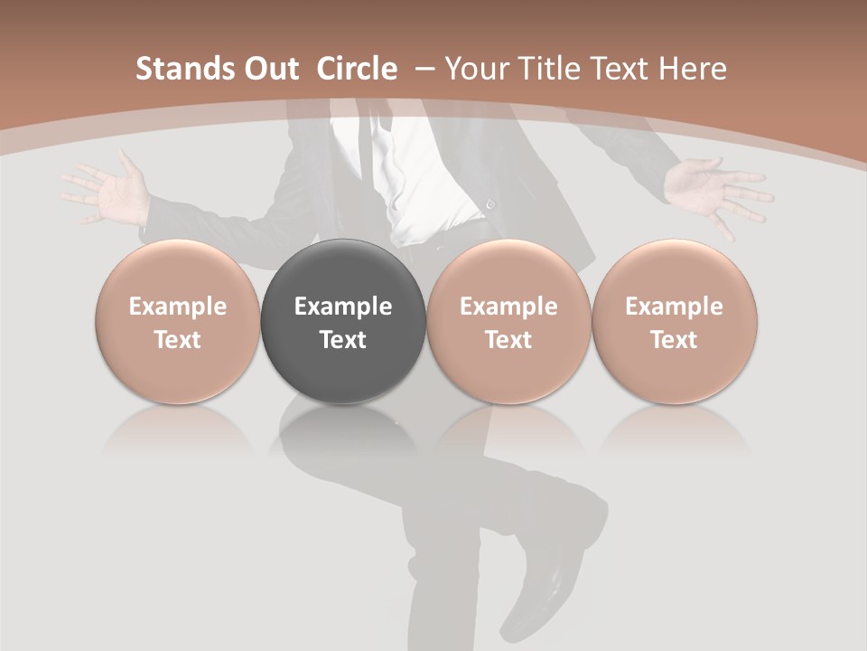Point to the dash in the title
425,69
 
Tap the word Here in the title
695,69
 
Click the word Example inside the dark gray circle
343,307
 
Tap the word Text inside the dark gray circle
343,340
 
